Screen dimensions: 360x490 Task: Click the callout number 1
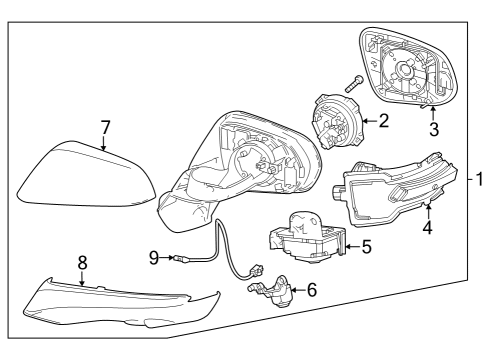[479, 180]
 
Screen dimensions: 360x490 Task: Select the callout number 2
[383, 121]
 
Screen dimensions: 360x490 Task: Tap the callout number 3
[434, 129]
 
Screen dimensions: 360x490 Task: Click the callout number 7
[104, 127]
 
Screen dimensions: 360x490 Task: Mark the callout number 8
[83, 263]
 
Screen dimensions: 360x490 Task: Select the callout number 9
[154, 257]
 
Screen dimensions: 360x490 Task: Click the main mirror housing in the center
[250, 165]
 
